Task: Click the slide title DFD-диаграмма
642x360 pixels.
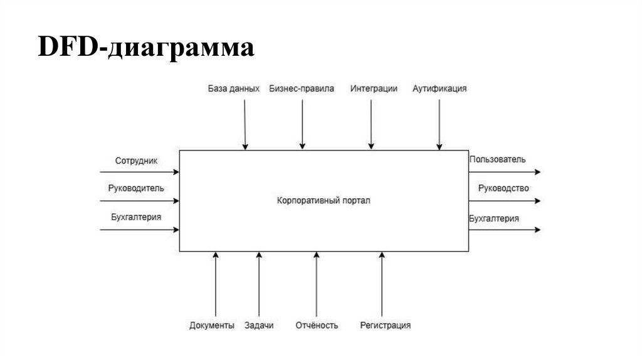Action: [x=146, y=48]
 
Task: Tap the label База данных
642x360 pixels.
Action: [x=233, y=89]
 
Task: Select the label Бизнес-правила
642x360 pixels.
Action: [x=302, y=89]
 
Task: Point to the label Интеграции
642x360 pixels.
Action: [x=374, y=89]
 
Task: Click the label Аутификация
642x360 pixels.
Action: [x=439, y=89]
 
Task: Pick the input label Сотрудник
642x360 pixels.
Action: [x=137, y=161]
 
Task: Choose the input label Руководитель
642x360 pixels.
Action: [x=136, y=188]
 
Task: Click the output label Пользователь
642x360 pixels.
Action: [x=497, y=160]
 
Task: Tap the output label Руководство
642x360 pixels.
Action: [x=503, y=188]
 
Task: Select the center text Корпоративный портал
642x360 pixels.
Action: [x=324, y=201]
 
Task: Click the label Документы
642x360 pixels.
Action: [x=212, y=326]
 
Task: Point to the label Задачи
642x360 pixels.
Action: [x=259, y=326]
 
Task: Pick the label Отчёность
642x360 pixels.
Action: [x=317, y=326]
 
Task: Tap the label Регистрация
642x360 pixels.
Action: [x=385, y=326]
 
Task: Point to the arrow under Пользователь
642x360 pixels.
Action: [x=504, y=171]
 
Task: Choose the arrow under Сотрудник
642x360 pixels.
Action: [x=139, y=171]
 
